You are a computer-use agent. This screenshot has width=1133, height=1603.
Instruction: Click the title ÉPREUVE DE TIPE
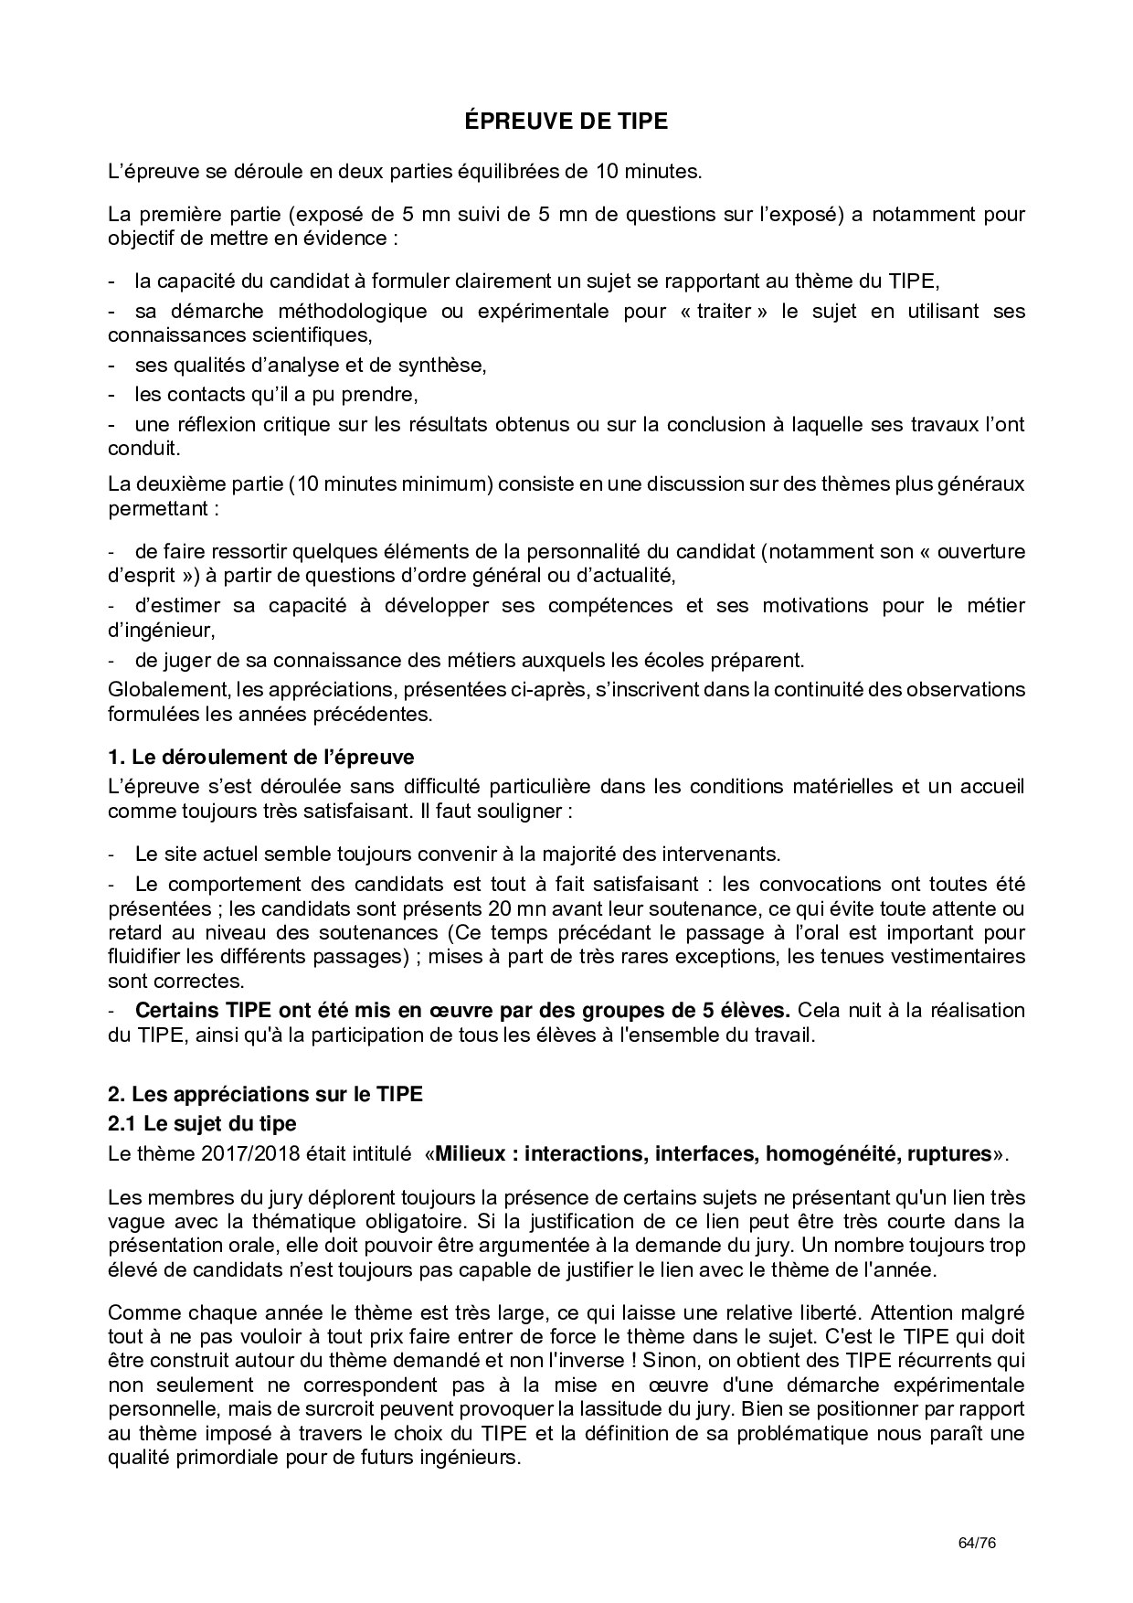(566, 121)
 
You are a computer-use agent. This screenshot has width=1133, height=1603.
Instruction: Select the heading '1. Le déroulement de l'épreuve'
(260, 757)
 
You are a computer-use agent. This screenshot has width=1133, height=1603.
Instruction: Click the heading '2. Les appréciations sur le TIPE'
(265, 1094)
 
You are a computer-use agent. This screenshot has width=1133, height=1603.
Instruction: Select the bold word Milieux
(471, 1153)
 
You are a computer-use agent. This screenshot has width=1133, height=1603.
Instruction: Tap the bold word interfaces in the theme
(701, 1153)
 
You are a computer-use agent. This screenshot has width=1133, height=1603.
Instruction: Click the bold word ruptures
(948, 1153)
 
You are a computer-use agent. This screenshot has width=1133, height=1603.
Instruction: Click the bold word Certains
(177, 1011)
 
